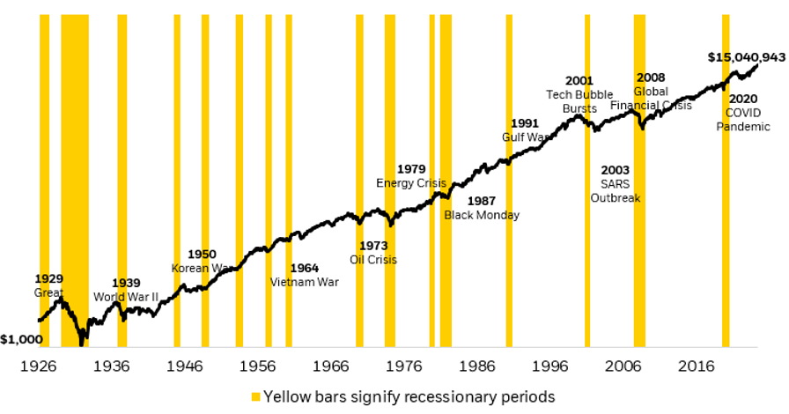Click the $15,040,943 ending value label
pyautogui.click(x=746, y=57)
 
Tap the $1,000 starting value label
pyautogui.click(x=19, y=339)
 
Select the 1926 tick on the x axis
pyautogui.click(x=39, y=366)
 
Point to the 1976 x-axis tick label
pyautogui.click(x=406, y=366)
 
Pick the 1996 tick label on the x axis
pyautogui.click(x=553, y=366)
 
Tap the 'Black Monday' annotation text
pyautogui.click(x=482, y=215)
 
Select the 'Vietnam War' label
pyautogui.click(x=304, y=283)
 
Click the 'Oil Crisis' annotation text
pyautogui.click(x=373, y=260)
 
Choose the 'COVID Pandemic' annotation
pyautogui.click(x=743, y=120)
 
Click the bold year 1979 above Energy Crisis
pyautogui.click(x=411, y=168)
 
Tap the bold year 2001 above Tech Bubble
pyautogui.click(x=579, y=81)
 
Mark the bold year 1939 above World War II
pyautogui.click(x=126, y=283)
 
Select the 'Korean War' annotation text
pyautogui.click(x=202, y=268)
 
